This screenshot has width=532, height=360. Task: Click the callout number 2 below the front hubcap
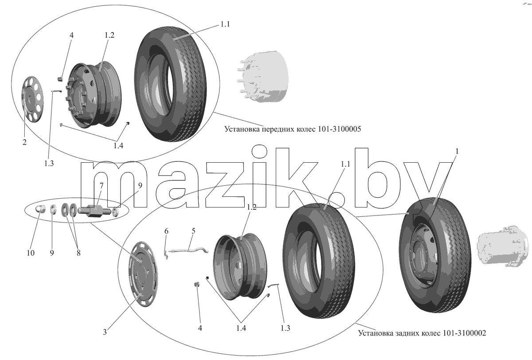pos(24,142)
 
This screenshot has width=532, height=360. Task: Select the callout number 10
pos(31,253)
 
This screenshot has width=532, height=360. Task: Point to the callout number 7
pos(102,185)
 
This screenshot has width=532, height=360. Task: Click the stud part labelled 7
pos(94,211)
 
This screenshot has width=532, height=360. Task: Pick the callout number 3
pos(105,332)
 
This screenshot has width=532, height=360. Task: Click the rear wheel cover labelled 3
pos(143,274)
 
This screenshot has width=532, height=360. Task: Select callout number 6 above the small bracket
pos(166,231)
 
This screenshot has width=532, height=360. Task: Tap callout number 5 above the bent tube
pos(193,231)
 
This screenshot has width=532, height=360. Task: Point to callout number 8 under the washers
pos(78,253)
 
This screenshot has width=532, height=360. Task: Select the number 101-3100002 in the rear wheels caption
pos(464,333)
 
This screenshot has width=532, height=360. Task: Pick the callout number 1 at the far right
pos(457,151)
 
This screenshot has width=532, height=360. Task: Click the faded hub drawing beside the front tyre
pos(263,76)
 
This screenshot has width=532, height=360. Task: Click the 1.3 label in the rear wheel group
pos(285,328)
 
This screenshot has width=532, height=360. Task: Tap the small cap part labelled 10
pos(41,209)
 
